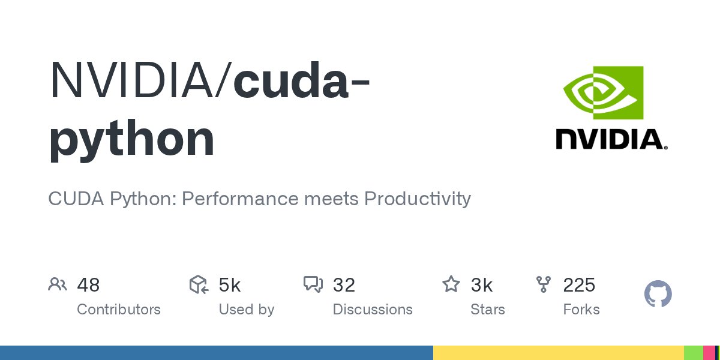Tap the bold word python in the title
coord(131,139)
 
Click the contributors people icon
coord(57,284)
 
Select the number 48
coord(88,285)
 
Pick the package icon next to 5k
coord(198,284)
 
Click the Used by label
coord(246,310)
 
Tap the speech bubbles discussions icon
coord(313,284)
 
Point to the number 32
coord(344,285)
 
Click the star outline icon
coord(451,284)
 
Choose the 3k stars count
coord(482,285)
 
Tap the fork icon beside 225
coord(544,284)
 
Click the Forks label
coord(581,310)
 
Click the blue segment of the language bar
coord(216,353)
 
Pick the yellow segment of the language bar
coord(558,353)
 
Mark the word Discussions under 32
coord(373,310)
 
